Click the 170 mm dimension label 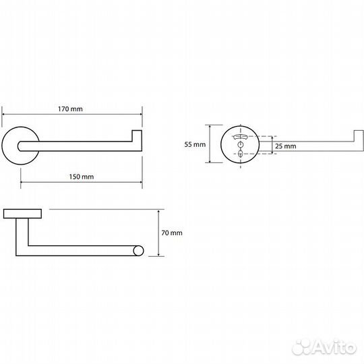[70, 109]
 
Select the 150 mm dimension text [82, 177]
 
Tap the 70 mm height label [172, 233]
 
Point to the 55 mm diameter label [195, 144]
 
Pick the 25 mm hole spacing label [286, 146]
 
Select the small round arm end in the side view [138, 251]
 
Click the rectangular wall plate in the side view [22, 214]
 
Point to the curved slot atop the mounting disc [241, 136]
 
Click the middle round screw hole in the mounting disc [241, 145]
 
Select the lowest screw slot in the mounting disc [241, 154]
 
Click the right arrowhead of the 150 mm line [140, 182]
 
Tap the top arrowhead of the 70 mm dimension [158, 212]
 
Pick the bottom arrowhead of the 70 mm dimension [158, 254]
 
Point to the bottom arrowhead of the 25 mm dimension [272, 152]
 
